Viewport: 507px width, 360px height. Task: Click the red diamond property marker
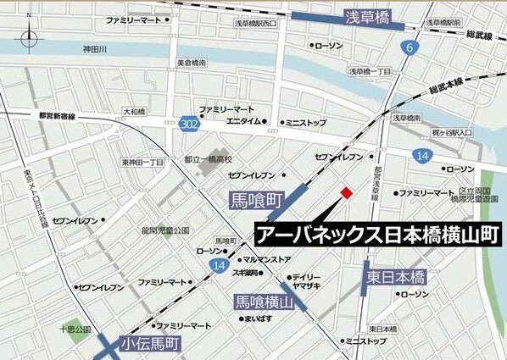(x=345, y=194)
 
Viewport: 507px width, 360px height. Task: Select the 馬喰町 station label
(x=255, y=202)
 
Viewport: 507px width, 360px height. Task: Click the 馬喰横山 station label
(x=265, y=302)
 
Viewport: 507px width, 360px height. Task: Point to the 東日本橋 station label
(x=395, y=277)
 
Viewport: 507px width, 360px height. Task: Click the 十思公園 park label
(x=75, y=327)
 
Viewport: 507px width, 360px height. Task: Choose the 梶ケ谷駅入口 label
(x=450, y=133)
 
